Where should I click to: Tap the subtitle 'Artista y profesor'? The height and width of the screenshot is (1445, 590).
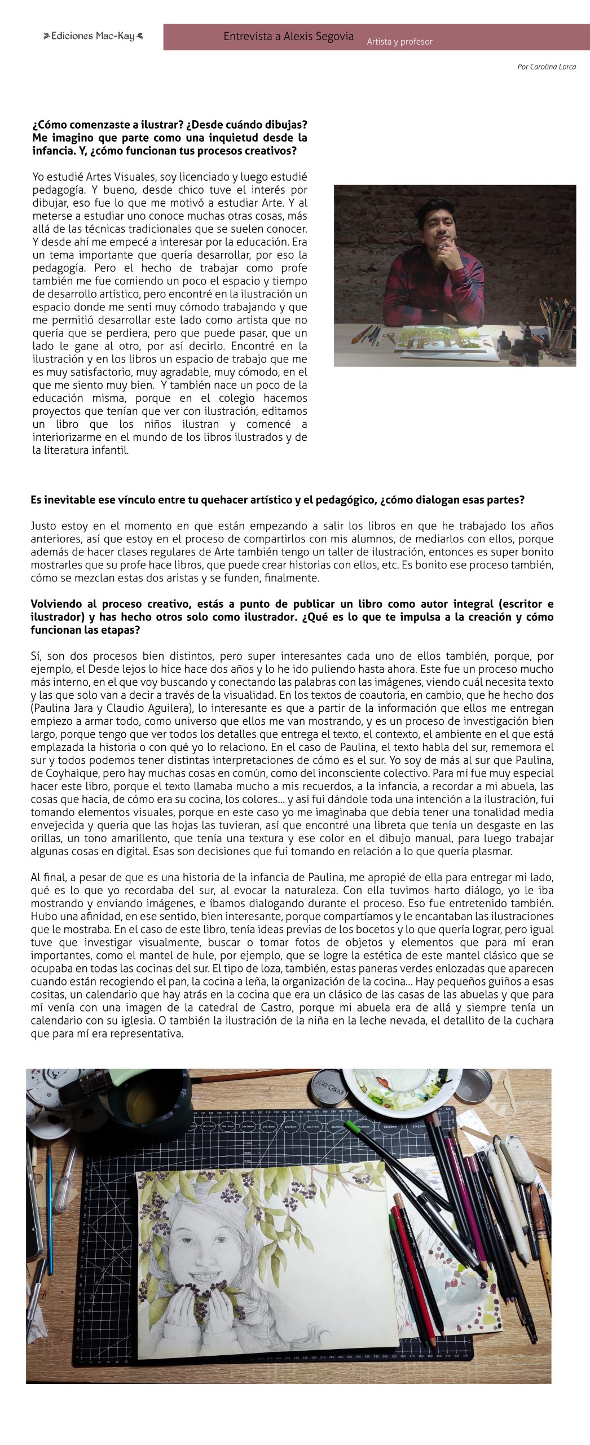coord(399,42)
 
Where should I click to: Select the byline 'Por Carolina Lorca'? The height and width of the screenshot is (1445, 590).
coord(546,67)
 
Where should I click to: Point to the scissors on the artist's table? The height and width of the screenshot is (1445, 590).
coord(389,338)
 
